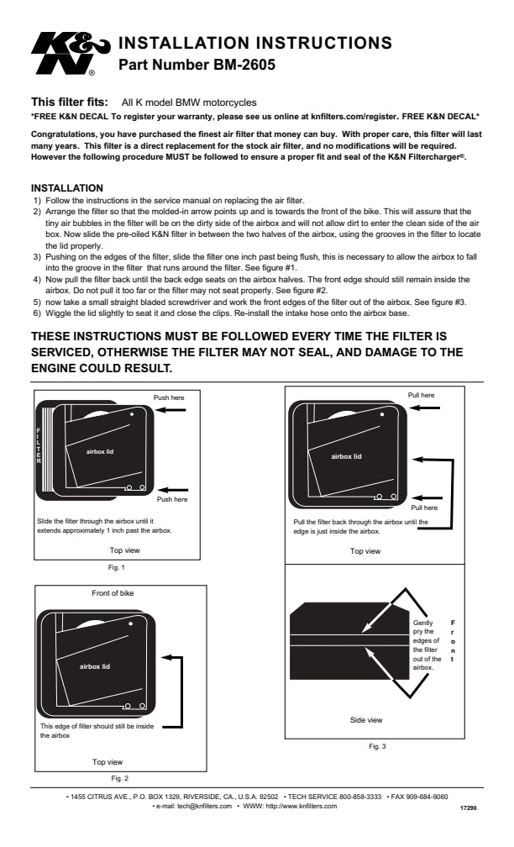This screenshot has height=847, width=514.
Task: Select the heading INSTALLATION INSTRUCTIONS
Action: point(255,42)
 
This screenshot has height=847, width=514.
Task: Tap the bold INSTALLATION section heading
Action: point(67,187)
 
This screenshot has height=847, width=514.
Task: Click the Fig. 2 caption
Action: point(119,778)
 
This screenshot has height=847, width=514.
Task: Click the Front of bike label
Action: point(113,593)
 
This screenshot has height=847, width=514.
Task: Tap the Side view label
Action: point(365,720)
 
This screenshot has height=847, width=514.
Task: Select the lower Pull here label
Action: point(423,508)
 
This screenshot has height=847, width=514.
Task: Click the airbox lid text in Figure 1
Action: point(101,451)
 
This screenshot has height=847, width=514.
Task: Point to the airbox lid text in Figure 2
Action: point(94,666)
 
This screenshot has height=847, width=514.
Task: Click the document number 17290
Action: point(469,807)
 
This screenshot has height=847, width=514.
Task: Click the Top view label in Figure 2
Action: point(108,762)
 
